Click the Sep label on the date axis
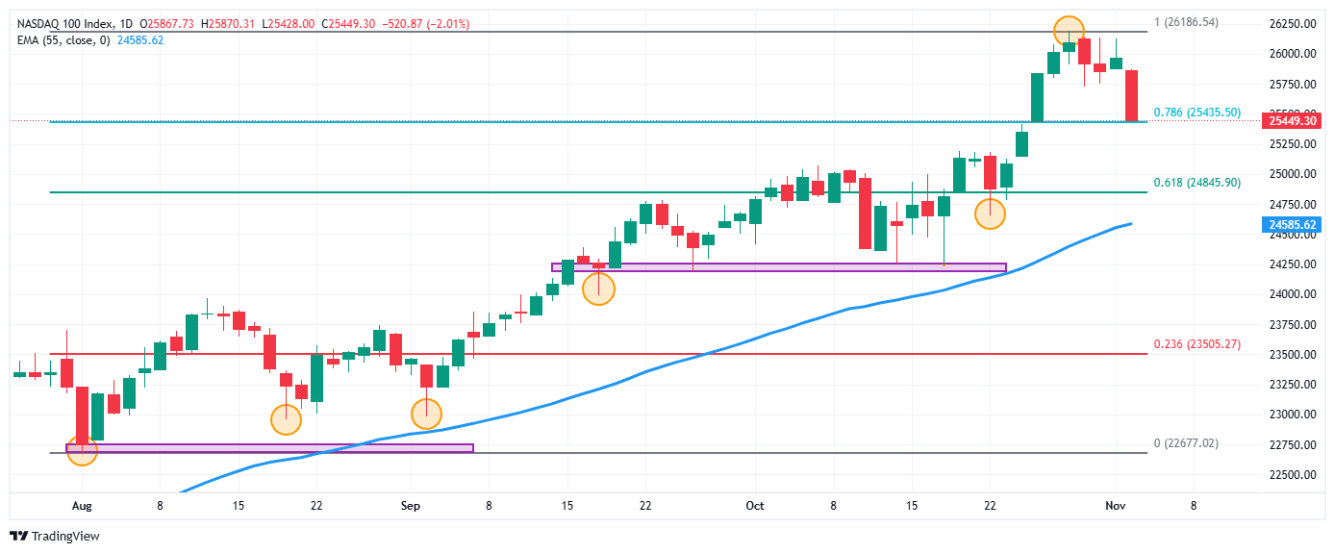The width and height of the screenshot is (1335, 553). click(x=411, y=505)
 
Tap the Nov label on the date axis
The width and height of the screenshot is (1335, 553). click(x=1116, y=505)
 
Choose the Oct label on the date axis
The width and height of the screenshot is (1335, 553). click(x=755, y=505)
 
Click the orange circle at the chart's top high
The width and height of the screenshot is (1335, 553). click(x=1069, y=31)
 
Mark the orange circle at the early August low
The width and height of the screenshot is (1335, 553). click(x=82, y=449)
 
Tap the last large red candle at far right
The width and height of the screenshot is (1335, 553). click(x=1131, y=95)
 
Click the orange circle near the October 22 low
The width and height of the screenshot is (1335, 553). click(x=991, y=213)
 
